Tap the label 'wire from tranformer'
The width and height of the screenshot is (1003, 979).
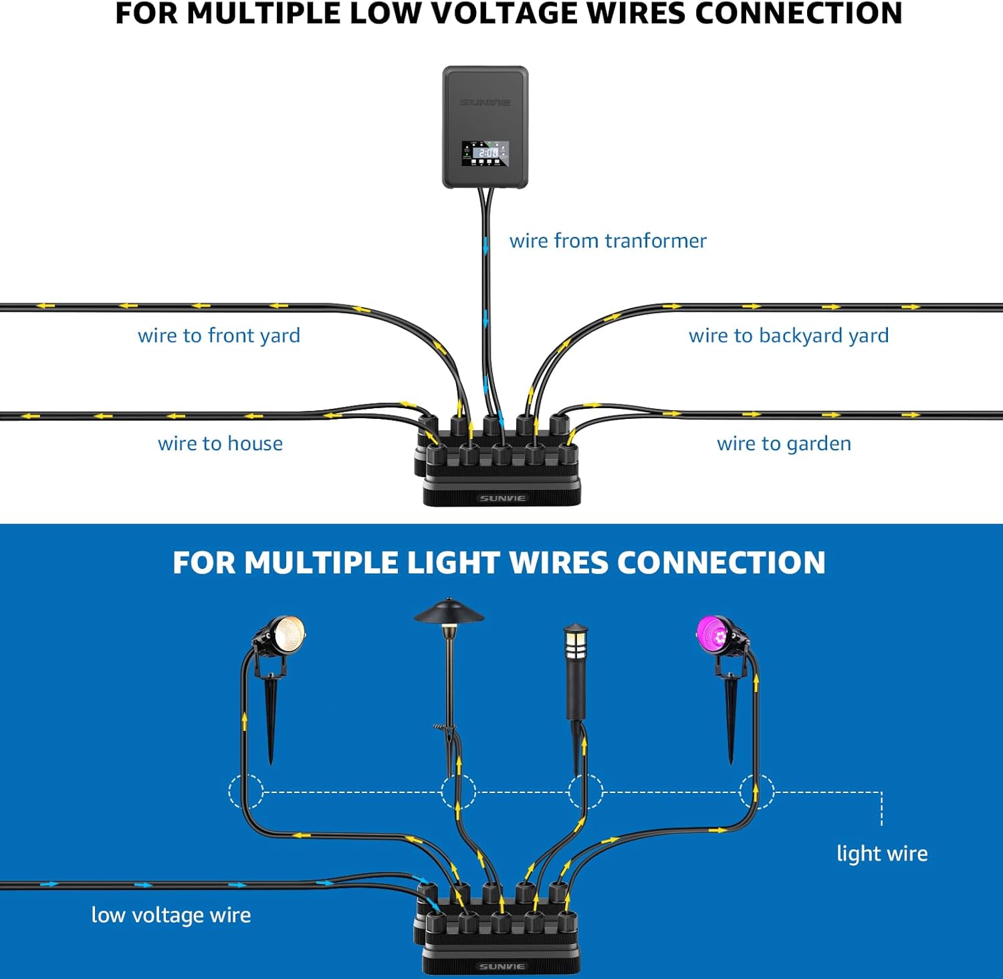click(x=608, y=241)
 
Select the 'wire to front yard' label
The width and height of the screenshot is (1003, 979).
click(x=219, y=335)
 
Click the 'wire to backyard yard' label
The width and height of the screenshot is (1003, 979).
click(x=789, y=335)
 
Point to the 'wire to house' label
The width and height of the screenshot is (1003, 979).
click(x=220, y=444)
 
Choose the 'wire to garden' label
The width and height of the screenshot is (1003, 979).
click(x=784, y=444)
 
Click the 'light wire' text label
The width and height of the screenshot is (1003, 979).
click(x=882, y=853)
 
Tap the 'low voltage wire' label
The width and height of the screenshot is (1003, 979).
click(x=171, y=915)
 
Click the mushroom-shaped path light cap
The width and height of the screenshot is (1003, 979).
click(x=449, y=610)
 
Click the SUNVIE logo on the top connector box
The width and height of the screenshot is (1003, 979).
click(x=502, y=499)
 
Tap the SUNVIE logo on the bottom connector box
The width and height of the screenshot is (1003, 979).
click(x=502, y=967)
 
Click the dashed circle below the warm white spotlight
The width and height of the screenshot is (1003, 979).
click(x=246, y=792)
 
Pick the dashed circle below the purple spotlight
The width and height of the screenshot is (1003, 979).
click(x=757, y=792)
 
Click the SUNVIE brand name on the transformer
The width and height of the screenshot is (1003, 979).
click(x=485, y=102)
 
